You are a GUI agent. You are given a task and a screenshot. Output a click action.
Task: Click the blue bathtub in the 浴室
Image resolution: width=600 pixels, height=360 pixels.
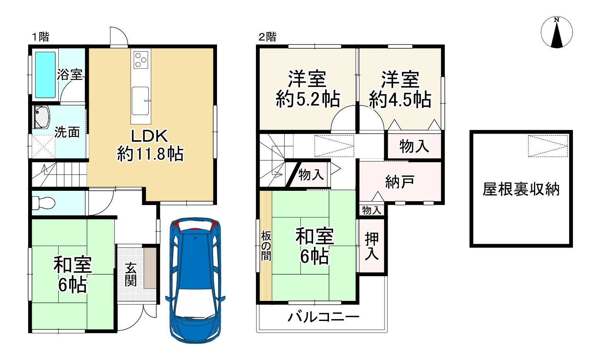coord(45,75)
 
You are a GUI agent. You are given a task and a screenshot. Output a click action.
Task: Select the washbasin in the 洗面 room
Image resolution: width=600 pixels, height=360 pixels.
coord(42,117)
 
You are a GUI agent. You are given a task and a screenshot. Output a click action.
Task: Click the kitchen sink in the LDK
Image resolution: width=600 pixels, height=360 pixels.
coord(141,101)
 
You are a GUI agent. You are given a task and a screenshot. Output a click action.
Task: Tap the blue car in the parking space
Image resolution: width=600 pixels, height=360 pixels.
coord(195,280)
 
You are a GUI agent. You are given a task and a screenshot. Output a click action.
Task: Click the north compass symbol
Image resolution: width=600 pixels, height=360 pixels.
coord(557,32)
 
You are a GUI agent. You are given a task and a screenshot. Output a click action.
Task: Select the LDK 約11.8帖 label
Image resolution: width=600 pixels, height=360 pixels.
coord(150,145)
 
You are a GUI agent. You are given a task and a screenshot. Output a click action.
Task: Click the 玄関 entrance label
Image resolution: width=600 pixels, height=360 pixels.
coord(131,275)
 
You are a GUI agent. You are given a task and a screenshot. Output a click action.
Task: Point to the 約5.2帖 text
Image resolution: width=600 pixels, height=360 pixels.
coord(308,99)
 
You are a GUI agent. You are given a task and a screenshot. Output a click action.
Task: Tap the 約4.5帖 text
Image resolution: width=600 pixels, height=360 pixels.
coord(400,100)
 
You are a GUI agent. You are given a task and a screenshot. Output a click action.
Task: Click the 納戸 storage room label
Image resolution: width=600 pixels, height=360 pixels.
coord(400,182)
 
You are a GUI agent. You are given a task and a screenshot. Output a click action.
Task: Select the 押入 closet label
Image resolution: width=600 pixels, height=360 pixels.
coord(372,246)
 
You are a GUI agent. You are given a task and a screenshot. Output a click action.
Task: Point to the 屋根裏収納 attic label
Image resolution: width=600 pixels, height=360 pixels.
coord(521,189)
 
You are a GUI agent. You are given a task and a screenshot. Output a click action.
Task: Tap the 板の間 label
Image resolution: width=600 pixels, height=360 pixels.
coord(266,246)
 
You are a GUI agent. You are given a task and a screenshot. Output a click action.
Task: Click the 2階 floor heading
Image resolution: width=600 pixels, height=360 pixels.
coord(267,37)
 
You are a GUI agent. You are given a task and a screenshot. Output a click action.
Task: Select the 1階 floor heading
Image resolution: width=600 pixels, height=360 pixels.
coord(41,37)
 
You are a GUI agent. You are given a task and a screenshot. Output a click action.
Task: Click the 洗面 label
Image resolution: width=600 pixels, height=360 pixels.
coord(67,132)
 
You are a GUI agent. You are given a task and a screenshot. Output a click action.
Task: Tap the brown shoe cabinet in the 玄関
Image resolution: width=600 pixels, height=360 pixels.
coord(150,268)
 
